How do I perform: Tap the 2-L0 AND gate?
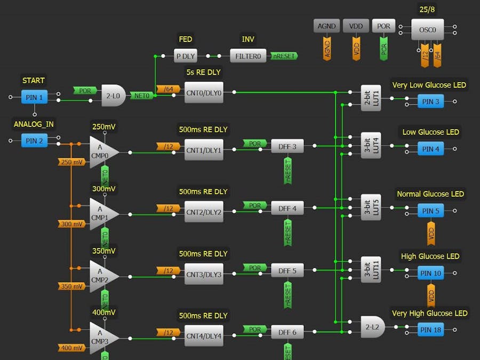(x=113, y=95)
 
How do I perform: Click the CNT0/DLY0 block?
(x=204, y=92)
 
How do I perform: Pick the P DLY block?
(x=186, y=55)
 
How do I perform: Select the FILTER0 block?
(x=248, y=55)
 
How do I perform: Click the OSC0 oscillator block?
(x=428, y=30)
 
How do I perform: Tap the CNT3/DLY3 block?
(x=204, y=274)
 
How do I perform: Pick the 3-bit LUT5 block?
(x=371, y=207)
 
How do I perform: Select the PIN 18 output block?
(x=430, y=330)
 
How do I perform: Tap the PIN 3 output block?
(x=430, y=102)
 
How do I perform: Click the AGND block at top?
(x=326, y=26)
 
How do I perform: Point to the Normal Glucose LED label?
(x=430, y=194)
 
